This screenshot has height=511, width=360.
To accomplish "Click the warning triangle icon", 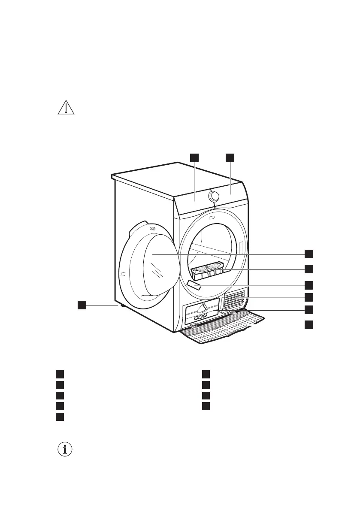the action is coord(66,108).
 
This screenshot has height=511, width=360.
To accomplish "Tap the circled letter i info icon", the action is coord(65,449).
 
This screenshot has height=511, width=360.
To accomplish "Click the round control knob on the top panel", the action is coord(213,196).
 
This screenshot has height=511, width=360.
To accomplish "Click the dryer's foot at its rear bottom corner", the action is coord(122,306).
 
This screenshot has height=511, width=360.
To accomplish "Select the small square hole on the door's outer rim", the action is coord(123,274).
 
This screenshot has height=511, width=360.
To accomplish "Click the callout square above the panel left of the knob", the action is coord(194,158).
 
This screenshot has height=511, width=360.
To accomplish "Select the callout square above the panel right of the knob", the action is coord(230,158).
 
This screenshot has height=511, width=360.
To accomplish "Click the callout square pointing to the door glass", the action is coord(309,254).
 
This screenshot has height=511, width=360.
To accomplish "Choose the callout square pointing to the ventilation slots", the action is coord(309,297).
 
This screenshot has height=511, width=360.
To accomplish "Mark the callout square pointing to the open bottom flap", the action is coord(309,325).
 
